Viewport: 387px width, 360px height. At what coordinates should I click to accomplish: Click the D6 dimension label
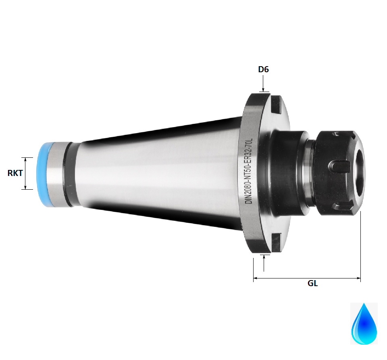coord(263,69)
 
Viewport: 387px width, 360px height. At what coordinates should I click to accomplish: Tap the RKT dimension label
coord(15,173)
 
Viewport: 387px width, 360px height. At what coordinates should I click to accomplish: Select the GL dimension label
coord(312,283)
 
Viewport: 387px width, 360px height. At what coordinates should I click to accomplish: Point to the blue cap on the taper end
coord(45,174)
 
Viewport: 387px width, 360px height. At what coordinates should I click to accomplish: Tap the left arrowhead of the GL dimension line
coord(255,278)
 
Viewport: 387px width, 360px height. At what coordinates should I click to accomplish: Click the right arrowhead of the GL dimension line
coord(358,278)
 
